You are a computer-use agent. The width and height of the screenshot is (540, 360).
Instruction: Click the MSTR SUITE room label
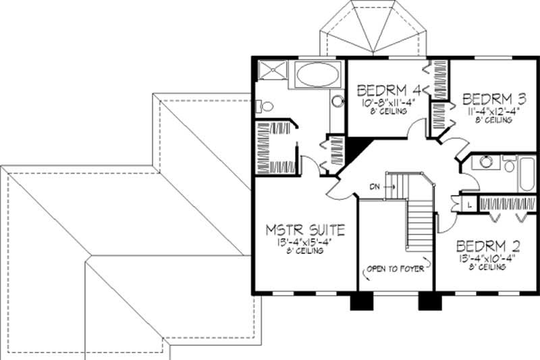[305, 230]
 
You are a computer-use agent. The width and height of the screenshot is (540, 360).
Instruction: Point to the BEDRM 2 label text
[487, 245]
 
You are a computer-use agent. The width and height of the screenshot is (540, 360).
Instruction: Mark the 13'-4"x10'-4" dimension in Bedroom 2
[487, 257]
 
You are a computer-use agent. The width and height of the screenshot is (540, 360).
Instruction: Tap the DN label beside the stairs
[375, 186]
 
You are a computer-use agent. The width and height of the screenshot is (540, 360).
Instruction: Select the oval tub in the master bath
[319, 74]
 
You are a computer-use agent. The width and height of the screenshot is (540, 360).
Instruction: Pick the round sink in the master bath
[337, 101]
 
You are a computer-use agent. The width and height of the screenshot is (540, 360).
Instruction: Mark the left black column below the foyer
[358, 302]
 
